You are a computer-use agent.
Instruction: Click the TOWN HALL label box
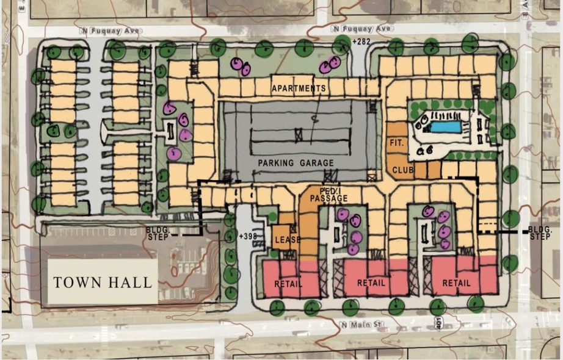pyautogui.click(x=101, y=282)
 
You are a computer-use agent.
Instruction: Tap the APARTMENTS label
pyautogui.click(x=299, y=88)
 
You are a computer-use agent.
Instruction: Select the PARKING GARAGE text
pyautogui.click(x=296, y=163)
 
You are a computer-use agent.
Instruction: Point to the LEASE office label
pyautogui.click(x=287, y=240)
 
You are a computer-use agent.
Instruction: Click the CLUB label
pyautogui.click(x=404, y=170)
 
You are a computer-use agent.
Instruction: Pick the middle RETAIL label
pyautogui.click(x=371, y=283)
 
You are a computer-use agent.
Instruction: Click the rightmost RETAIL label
pyautogui.click(x=456, y=283)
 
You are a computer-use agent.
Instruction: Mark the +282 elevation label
pyautogui.click(x=361, y=41)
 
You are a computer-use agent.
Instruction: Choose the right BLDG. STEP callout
pyautogui.click(x=540, y=232)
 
